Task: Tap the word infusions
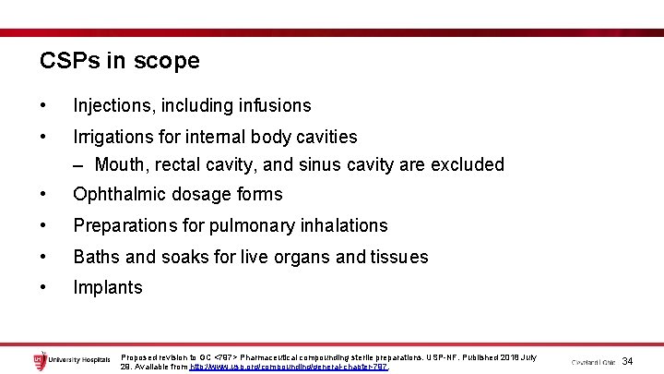pyautogui.click(x=273, y=106)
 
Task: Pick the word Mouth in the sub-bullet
pyautogui.click(x=119, y=165)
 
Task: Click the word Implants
pyautogui.click(x=108, y=287)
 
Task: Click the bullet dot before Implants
pyautogui.click(x=43, y=287)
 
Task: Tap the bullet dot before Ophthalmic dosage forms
pyautogui.click(x=43, y=195)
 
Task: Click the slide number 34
pyautogui.click(x=628, y=360)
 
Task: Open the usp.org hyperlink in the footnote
pyautogui.click(x=289, y=367)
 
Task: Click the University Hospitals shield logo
pyautogui.click(x=39, y=360)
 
